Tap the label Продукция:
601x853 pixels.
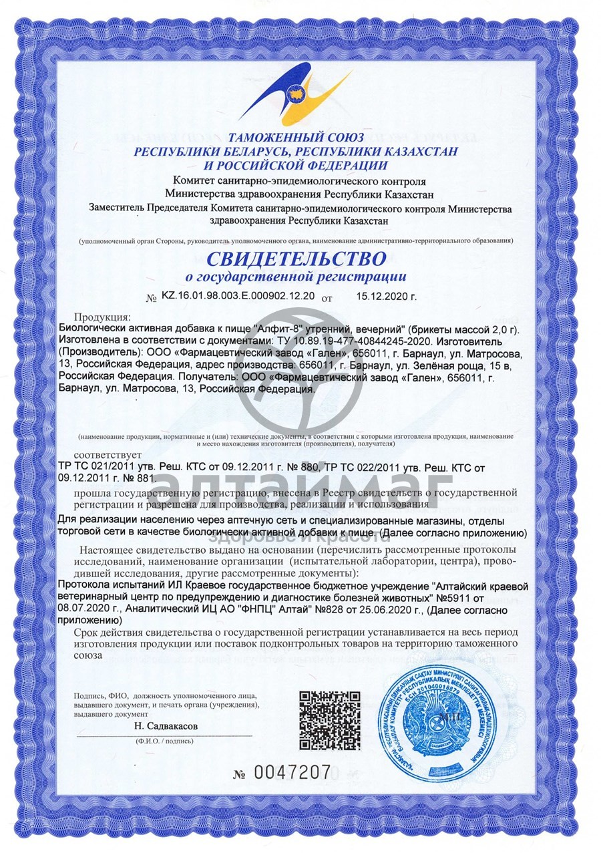tap(103, 316)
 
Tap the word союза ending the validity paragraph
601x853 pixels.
tap(88, 656)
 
